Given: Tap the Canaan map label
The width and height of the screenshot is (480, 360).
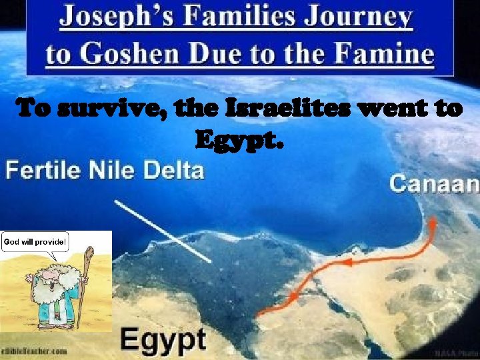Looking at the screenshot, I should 434,183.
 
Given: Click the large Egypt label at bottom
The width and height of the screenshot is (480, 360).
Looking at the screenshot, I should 163,339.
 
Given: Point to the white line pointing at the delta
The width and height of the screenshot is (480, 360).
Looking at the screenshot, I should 163,231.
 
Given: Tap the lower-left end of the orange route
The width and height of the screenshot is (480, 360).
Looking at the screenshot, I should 260,311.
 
